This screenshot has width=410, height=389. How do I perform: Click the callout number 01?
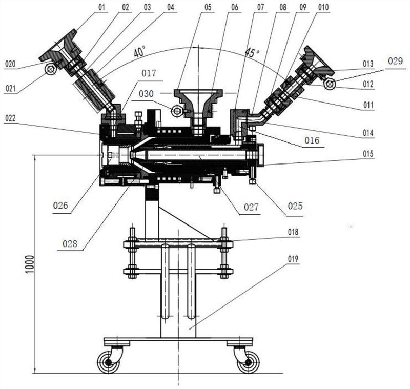click(101, 7)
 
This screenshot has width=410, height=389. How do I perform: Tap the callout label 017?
click(149, 73)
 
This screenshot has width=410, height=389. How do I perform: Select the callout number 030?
click(146, 94)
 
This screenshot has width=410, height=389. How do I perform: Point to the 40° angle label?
click(139, 52)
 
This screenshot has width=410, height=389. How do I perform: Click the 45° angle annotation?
click(252, 53)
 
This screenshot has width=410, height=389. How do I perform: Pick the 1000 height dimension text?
click(30, 264)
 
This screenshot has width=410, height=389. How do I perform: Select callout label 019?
click(293, 259)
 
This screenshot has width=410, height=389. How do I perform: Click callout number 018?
click(293, 232)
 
